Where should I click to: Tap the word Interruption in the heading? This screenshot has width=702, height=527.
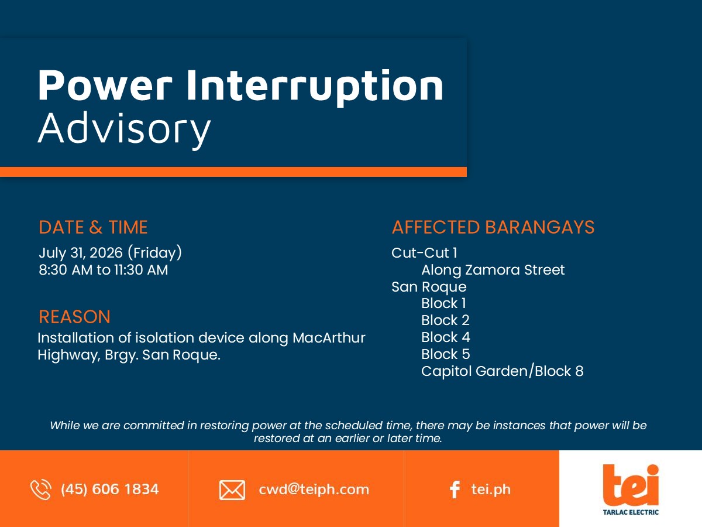tap(315, 87)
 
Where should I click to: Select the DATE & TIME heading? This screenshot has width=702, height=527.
tap(93, 227)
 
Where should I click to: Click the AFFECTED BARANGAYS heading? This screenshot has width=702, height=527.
tap(493, 227)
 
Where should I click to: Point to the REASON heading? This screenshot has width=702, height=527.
tap(74, 317)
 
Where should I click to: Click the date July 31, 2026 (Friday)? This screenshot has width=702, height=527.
tap(111, 253)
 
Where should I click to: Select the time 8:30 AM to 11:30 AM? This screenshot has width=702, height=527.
tap(104, 270)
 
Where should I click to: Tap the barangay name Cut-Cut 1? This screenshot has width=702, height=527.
tap(424, 253)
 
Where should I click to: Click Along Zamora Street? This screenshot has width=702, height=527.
tap(493, 270)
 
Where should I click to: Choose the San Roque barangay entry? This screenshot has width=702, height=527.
tap(429, 287)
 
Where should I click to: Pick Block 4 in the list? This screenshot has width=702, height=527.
tap(446, 337)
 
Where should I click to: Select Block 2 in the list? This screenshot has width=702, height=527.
tap(445, 320)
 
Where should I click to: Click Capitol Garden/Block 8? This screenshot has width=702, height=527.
tap(503, 371)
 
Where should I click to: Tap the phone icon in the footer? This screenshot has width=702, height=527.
tap(40, 490)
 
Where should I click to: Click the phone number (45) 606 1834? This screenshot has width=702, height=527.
tap(110, 490)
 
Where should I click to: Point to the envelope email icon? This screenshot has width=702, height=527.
tap(232, 490)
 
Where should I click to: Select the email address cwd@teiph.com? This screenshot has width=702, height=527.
tap(314, 490)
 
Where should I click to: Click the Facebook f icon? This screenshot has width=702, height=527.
tap(455, 490)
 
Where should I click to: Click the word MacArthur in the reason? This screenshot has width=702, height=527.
tap(329, 338)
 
